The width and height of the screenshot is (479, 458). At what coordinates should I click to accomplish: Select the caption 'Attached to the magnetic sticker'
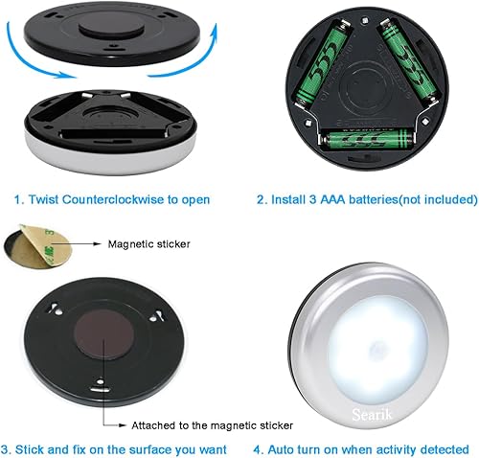pyautogui.click(x=213, y=424)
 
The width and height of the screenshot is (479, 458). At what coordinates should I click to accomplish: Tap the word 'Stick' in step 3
pyautogui.click(x=37, y=448)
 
